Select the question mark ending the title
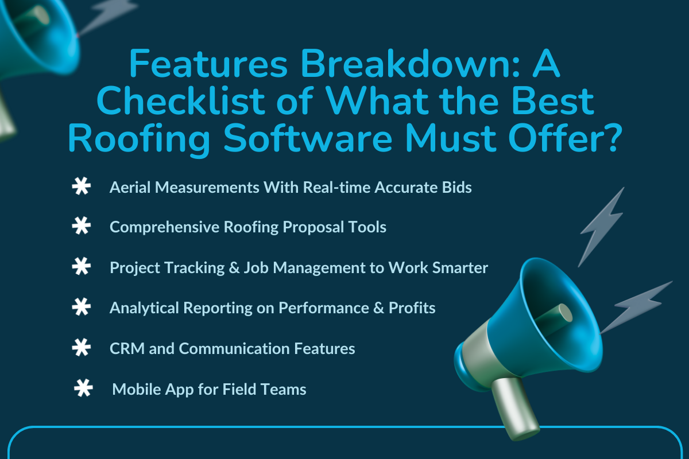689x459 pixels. click(x=606, y=139)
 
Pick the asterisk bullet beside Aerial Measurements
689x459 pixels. click(x=81, y=188)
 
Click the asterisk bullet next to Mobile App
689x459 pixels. click(x=83, y=390)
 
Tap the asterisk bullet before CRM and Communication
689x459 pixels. click(x=81, y=348)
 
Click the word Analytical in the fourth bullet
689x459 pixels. click(x=144, y=308)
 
